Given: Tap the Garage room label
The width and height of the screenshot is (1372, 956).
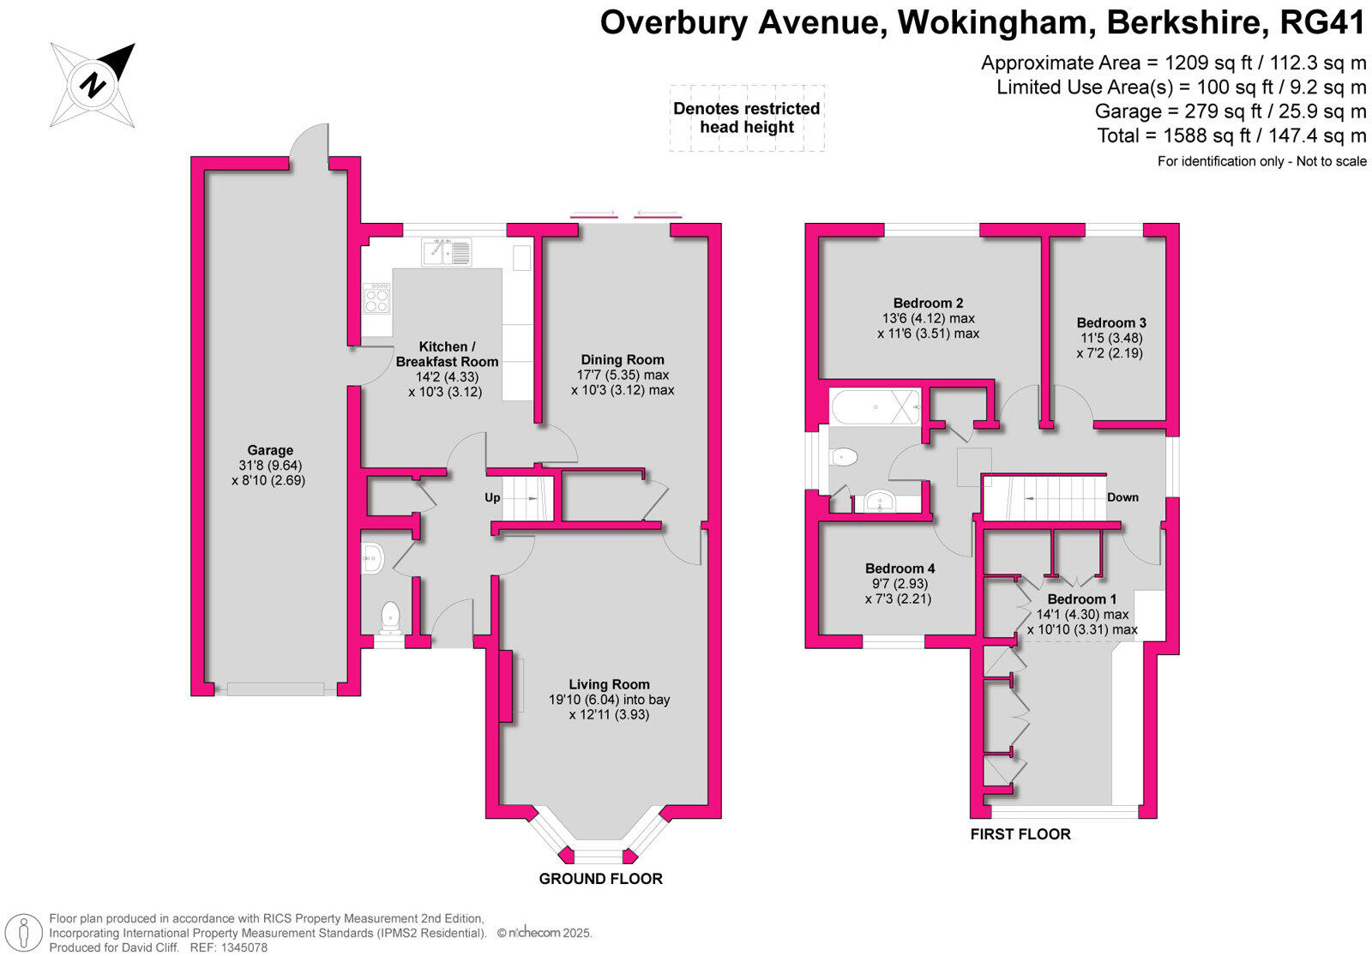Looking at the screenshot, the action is click(270, 450).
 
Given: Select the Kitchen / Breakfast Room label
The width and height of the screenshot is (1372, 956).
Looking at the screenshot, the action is click(446, 354).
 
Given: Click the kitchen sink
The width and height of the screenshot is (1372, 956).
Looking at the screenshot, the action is click(446, 253).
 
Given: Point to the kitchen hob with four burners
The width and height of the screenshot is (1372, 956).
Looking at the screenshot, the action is click(376, 299).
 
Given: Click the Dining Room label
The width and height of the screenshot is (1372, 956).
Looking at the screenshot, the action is click(623, 360).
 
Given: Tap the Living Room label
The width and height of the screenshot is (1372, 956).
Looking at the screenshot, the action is click(609, 684).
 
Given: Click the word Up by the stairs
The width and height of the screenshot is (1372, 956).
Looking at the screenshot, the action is click(492, 497).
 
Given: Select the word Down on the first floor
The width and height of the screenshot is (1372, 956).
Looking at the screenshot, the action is click(1122, 497).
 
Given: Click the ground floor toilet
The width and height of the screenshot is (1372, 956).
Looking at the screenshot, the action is click(391, 616).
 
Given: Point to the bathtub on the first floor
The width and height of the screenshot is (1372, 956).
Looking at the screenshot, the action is click(875, 406).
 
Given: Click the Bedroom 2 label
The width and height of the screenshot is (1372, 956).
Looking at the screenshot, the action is click(928, 303).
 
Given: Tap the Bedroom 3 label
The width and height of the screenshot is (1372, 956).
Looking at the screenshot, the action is click(1111, 322).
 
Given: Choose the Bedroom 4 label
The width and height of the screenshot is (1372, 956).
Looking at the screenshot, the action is click(900, 568).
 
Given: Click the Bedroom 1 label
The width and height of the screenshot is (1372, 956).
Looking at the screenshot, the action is click(1082, 599).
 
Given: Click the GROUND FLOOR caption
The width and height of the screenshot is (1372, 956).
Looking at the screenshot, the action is click(600, 879).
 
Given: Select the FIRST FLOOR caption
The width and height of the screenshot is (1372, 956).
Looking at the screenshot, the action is click(1020, 834).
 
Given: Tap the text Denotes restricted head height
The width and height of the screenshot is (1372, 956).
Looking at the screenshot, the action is click(746, 118).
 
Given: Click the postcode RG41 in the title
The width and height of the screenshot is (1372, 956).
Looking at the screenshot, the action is click(1321, 22).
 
